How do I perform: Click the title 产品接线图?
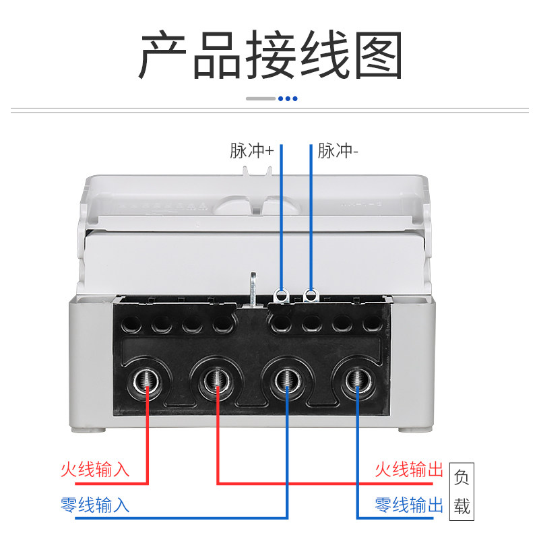(270, 55)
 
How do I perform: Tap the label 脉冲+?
(251, 151)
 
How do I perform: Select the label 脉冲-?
(338, 151)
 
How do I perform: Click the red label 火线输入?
(95, 469)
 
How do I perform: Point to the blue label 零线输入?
(95, 505)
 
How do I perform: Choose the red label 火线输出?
(409, 469)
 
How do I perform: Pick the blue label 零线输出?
(409, 505)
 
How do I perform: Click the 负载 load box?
(462, 491)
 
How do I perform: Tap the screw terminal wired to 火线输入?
(147, 381)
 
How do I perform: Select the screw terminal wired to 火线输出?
(217, 380)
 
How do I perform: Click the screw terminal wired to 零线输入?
(288, 380)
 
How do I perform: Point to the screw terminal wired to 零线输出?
(358, 380)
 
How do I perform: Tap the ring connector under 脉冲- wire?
(311, 296)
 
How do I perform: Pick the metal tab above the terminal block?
(253, 289)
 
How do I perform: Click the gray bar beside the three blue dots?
(261, 98)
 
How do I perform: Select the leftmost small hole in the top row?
(131, 324)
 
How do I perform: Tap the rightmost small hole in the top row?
(372, 323)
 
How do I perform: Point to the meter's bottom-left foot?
(88, 430)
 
